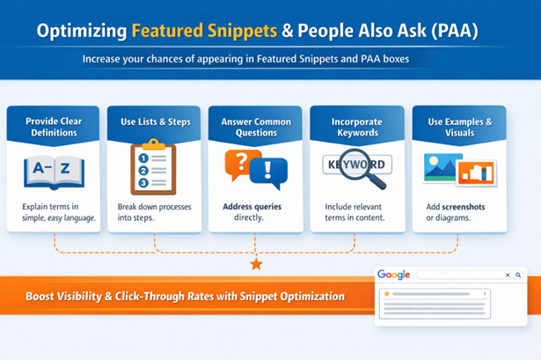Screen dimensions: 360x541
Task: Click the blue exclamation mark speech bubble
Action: (269, 173)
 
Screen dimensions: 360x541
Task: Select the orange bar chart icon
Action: (478, 172)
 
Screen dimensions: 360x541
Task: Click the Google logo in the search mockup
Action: (393, 275)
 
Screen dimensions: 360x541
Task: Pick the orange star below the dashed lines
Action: (256, 264)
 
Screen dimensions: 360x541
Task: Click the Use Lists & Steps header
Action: (155, 121)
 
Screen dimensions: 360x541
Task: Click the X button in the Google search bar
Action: (507, 276)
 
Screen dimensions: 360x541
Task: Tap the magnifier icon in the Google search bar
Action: (518, 276)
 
